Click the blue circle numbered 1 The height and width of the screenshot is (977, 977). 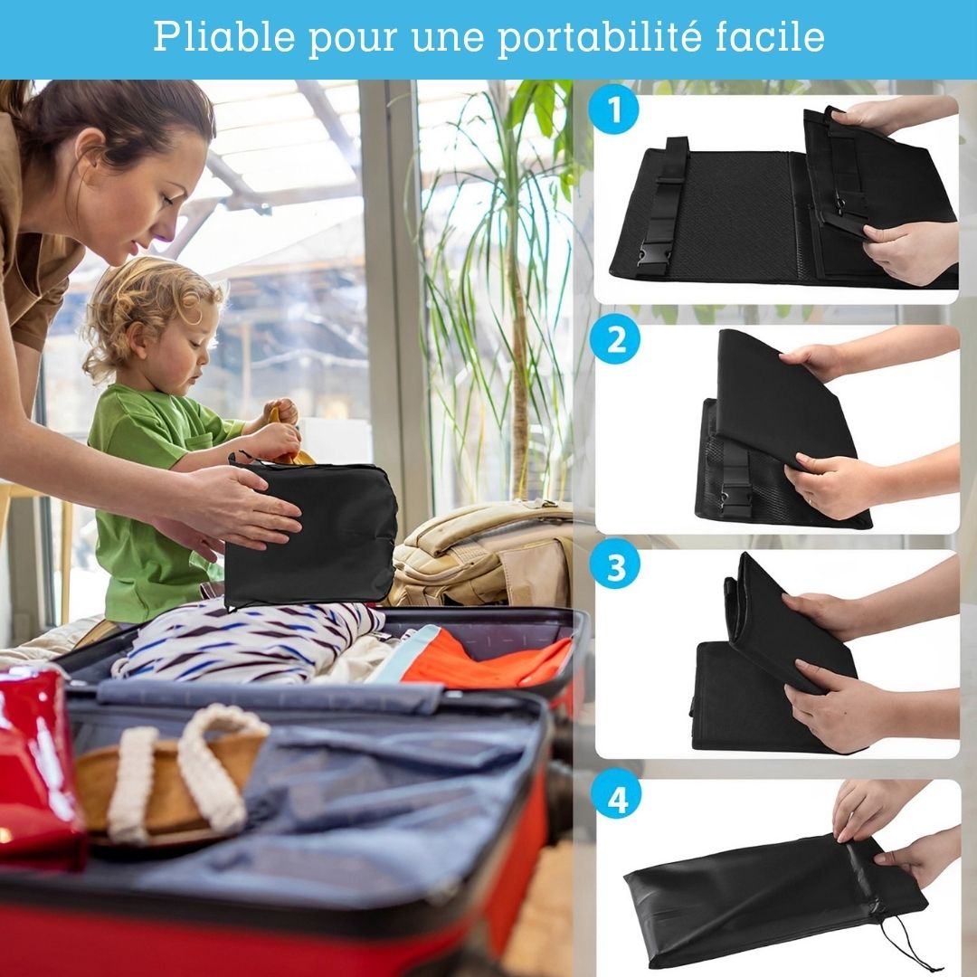point(613,109)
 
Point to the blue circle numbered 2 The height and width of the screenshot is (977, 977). point(616,339)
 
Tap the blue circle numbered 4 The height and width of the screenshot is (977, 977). point(617,798)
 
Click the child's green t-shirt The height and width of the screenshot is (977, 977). point(156,498)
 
